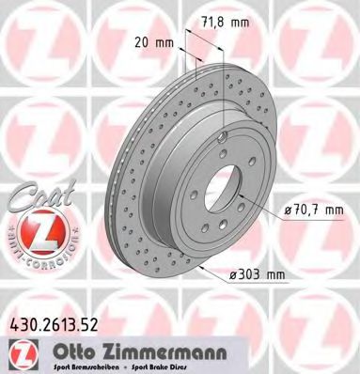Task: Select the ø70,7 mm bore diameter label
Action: [313, 213]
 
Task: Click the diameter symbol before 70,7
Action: [286, 213]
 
